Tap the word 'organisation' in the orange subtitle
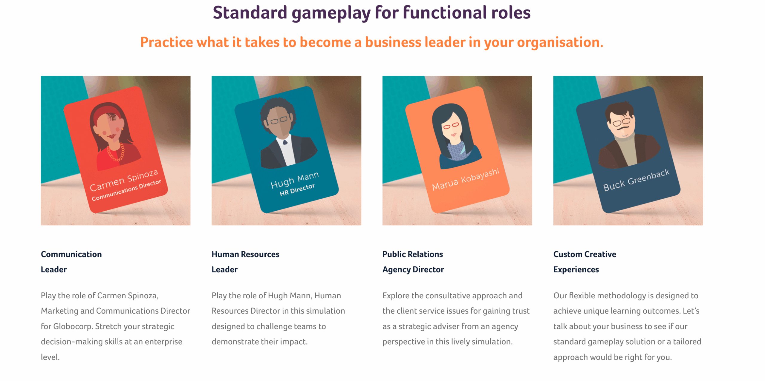[x=560, y=43]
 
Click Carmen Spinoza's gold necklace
[x=116, y=152]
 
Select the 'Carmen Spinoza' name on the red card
[x=124, y=180]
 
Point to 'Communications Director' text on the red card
[x=126, y=190]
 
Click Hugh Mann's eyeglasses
[x=279, y=120]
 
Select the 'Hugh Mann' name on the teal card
[x=295, y=180]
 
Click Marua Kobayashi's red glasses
[x=451, y=126]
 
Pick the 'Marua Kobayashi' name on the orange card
[x=466, y=179]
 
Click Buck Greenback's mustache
[x=624, y=129]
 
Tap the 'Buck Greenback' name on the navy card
[x=636, y=180]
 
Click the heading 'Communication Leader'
[x=71, y=262]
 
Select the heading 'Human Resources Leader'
[x=245, y=262]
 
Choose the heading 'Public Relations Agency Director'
[x=413, y=262]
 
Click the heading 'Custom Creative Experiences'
[x=585, y=262]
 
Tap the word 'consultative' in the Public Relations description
[x=448, y=296]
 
